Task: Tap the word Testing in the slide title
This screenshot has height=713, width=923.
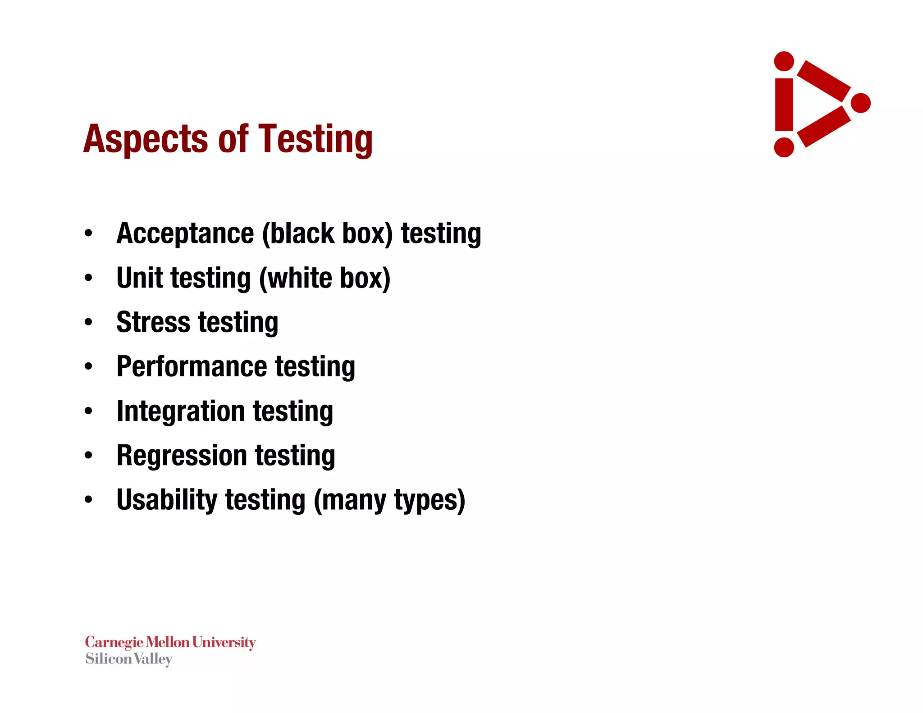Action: click(315, 139)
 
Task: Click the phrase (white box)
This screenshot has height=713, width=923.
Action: click(324, 278)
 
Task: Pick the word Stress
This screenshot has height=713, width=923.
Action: click(153, 322)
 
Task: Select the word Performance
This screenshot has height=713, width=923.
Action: click(192, 366)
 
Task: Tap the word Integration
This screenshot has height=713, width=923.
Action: click(180, 411)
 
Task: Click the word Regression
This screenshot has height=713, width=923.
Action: click(182, 455)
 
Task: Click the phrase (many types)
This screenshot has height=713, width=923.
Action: click(389, 500)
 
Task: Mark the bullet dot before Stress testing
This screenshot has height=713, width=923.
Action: click(88, 322)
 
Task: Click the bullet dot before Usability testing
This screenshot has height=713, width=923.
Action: click(88, 500)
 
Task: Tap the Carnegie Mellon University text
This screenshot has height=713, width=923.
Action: click(170, 642)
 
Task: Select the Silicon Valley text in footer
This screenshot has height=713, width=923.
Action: click(129, 659)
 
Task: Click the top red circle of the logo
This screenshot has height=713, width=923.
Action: click(784, 61)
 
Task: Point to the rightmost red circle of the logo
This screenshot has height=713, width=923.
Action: click(860, 103)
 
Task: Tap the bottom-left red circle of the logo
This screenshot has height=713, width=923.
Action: click(784, 147)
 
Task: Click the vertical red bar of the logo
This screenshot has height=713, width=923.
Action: click(784, 105)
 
